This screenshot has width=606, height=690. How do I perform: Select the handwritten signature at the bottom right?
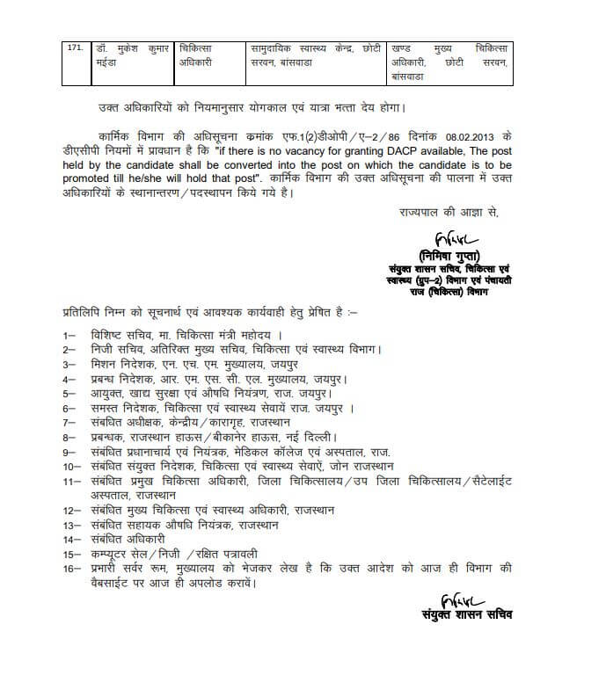pos(463,603)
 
